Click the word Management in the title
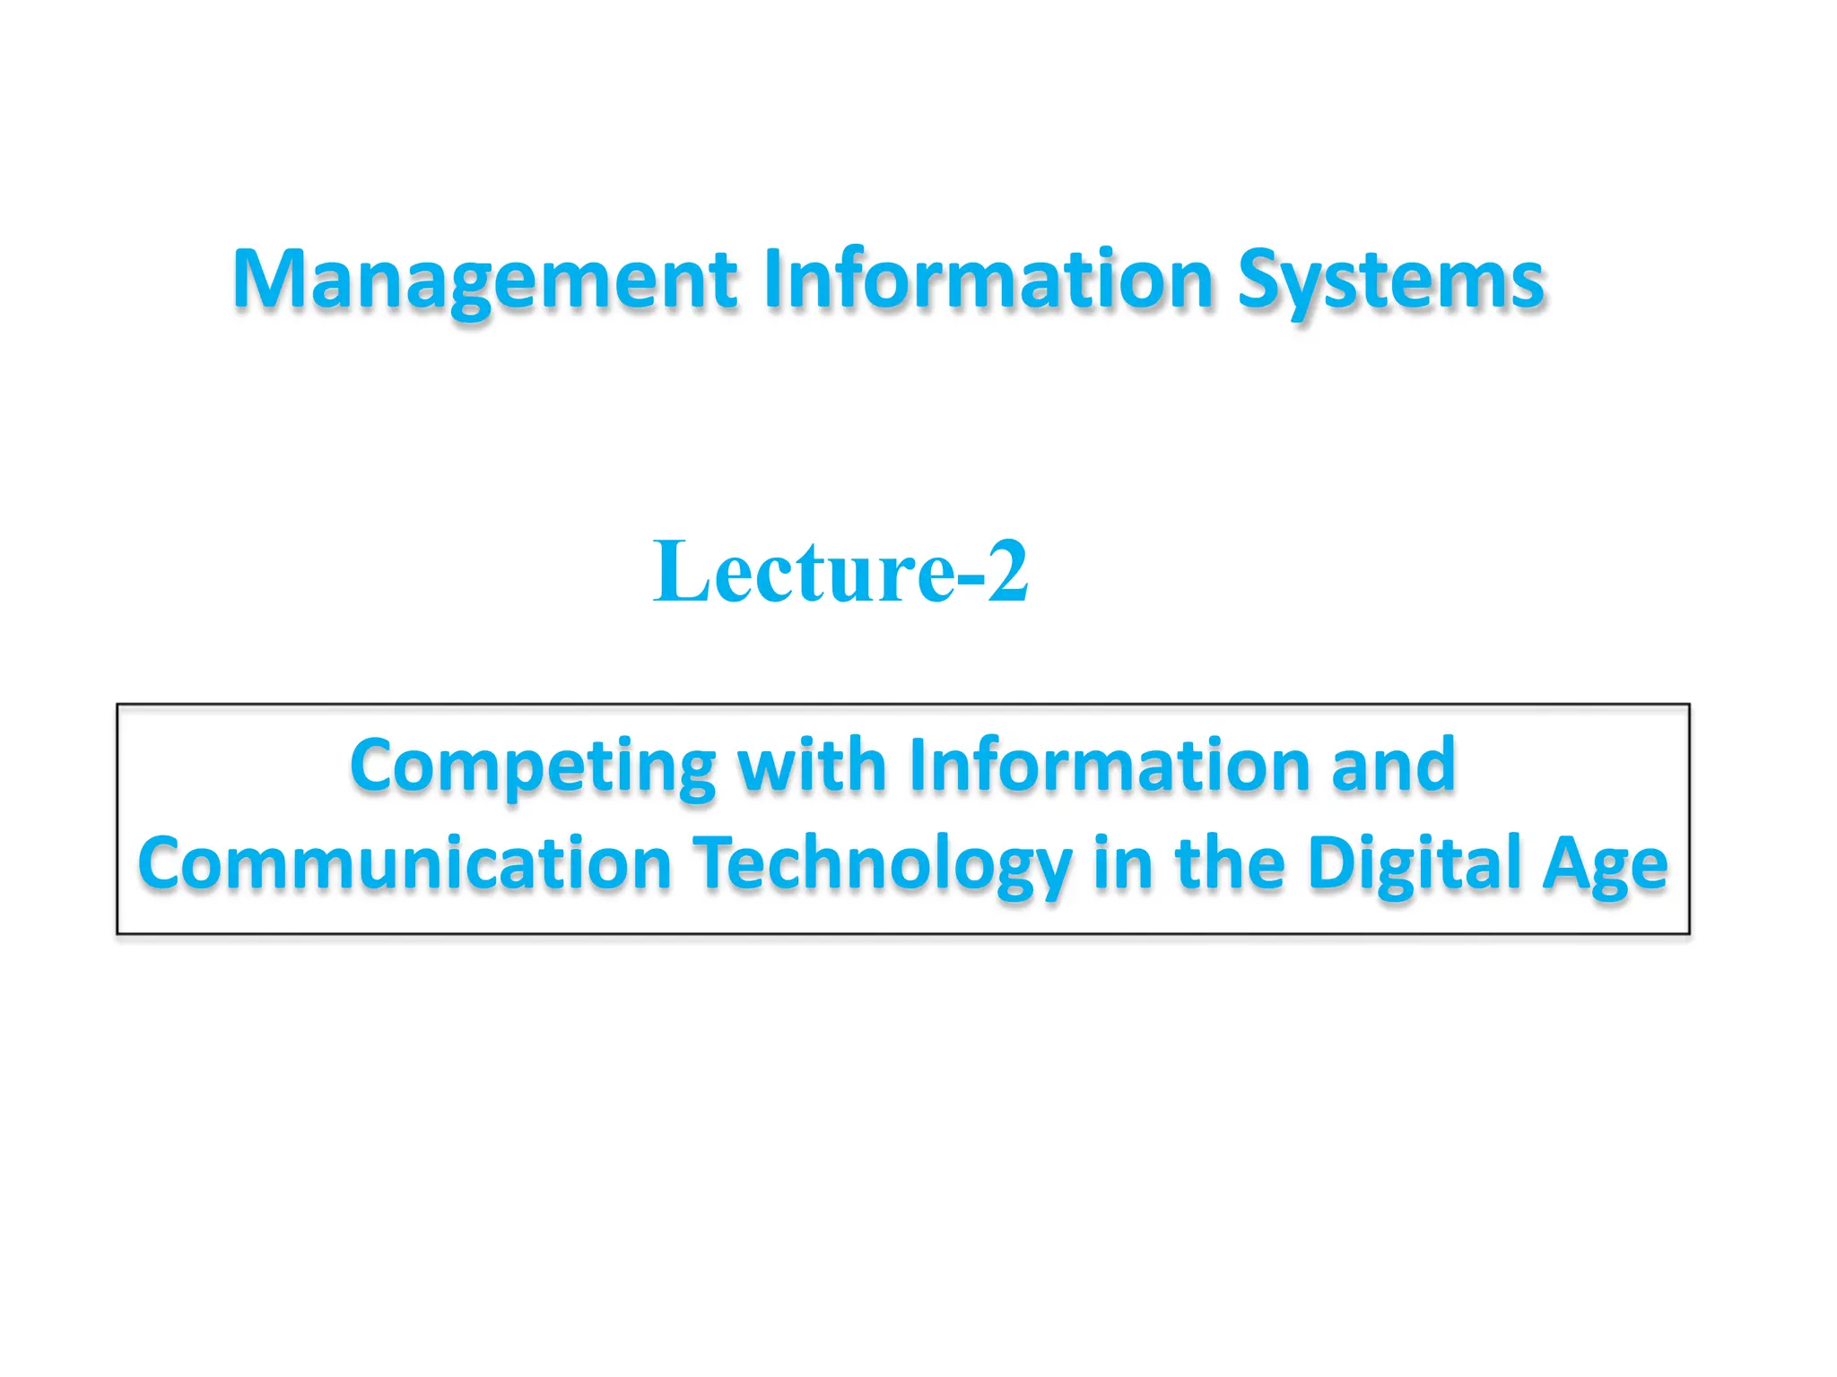[484, 280]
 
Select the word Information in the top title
[988, 280]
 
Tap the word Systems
[1390, 280]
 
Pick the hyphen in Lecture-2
[971, 578]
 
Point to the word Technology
[884, 864]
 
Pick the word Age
[1605, 864]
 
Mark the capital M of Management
[268, 280]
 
